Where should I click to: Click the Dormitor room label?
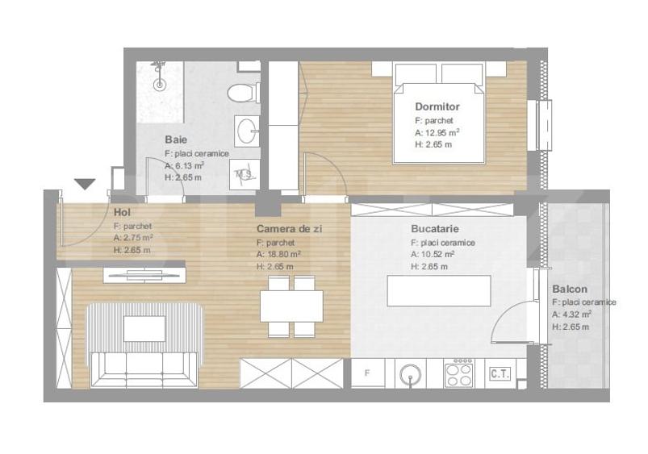pyautogui.click(x=437, y=106)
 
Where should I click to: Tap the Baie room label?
pyautogui.click(x=176, y=139)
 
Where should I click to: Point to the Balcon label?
pyautogui.click(x=569, y=289)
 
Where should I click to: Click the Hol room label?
pyautogui.click(x=122, y=212)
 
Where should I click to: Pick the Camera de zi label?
pyautogui.click(x=289, y=229)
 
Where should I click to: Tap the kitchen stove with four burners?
pyautogui.click(x=460, y=373)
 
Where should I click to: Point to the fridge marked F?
pyautogui.click(x=368, y=373)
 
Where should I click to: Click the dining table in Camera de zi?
pyautogui.click(x=291, y=305)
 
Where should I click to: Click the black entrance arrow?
pyautogui.click(x=85, y=184)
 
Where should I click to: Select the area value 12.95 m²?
pyautogui.click(x=442, y=132)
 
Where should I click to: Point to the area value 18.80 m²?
pyautogui.click(x=279, y=254)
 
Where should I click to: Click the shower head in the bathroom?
pyautogui.click(x=160, y=81)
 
